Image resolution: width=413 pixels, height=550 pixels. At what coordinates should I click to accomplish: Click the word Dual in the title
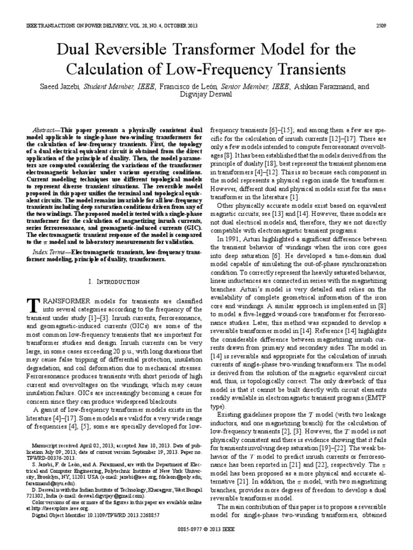click(73, 50)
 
